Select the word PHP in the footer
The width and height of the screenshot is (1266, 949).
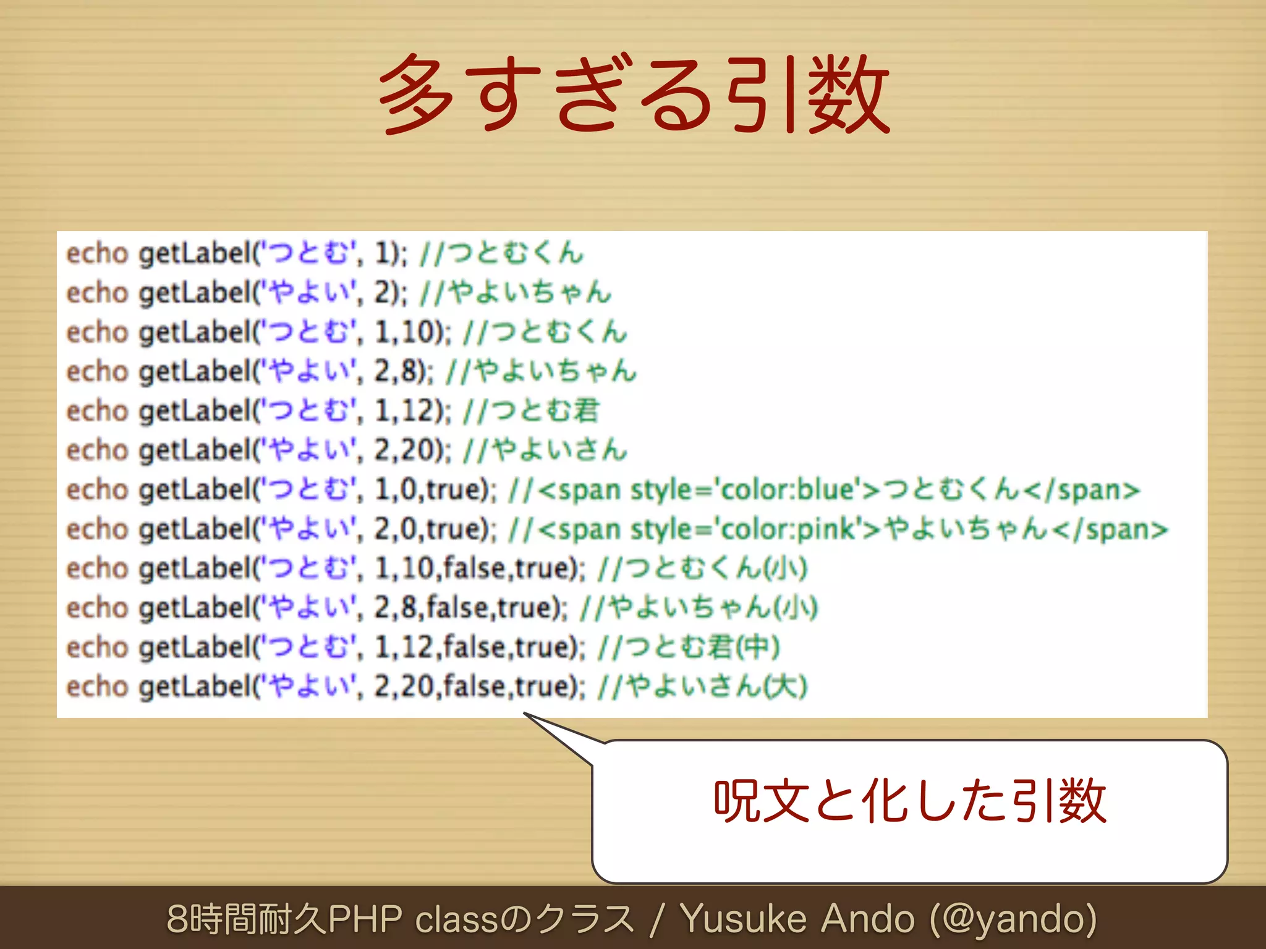coord(365,919)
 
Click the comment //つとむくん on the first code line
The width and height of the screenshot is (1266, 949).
coord(501,253)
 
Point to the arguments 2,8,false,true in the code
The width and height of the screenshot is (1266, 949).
coord(466,608)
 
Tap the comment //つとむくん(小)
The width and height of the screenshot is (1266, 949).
coord(702,568)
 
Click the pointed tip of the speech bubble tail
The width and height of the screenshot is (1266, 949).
coord(525,714)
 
